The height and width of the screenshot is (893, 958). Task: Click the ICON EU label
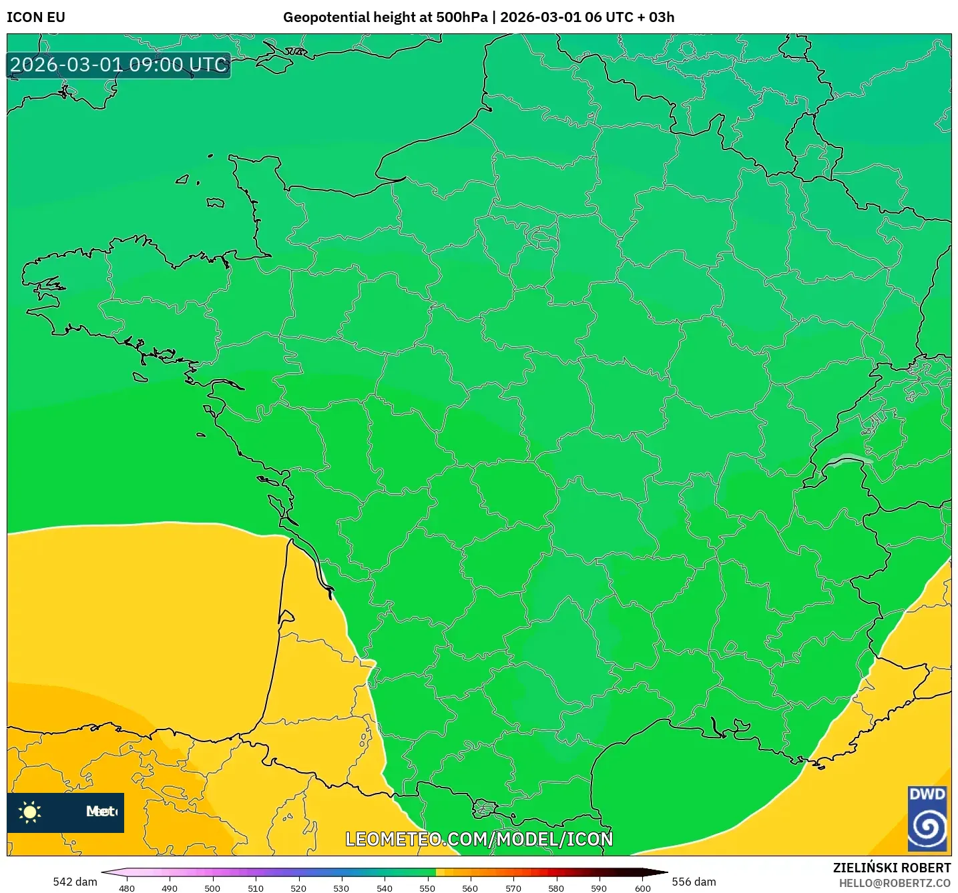[36, 17]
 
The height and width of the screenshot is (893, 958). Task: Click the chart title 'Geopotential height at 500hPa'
[385, 17]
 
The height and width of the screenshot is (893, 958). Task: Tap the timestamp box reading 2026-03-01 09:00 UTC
[119, 65]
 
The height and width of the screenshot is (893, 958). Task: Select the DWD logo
[927, 819]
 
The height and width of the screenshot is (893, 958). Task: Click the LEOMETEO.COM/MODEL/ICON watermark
[479, 839]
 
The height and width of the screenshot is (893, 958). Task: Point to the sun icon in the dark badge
[30, 812]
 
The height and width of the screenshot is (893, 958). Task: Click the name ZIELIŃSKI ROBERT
[891, 868]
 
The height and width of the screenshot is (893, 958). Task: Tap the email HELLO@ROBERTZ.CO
[895, 883]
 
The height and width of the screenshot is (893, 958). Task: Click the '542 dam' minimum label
[75, 882]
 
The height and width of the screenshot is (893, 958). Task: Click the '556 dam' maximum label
[694, 882]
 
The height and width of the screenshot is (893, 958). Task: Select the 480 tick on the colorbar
[126, 888]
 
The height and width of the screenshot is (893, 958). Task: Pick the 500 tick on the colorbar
[212, 888]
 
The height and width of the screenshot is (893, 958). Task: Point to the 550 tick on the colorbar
[427, 888]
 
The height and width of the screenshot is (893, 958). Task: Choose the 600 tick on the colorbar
[642, 888]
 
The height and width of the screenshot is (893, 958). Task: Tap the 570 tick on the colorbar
[513, 888]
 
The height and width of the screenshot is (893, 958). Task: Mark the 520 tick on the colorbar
[298, 888]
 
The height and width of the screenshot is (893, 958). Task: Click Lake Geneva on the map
[849, 460]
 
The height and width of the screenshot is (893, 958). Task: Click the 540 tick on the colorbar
[385, 888]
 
